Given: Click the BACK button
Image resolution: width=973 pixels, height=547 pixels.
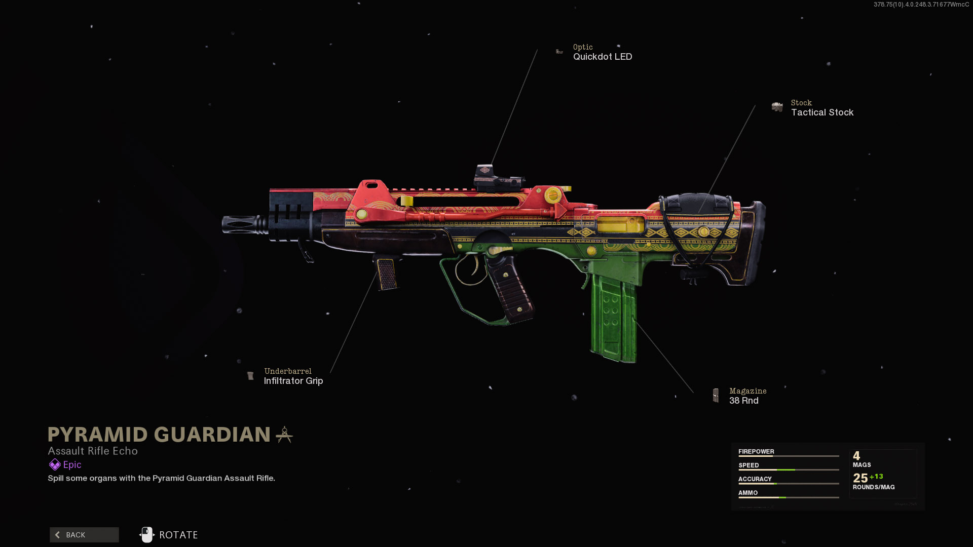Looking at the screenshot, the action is coord(84,535).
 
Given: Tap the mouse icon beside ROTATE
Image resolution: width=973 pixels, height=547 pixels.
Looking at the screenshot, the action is coord(146,534).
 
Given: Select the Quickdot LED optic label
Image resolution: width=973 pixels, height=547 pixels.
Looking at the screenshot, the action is coord(602,57).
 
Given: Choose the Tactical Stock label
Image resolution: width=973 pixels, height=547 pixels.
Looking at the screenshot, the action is coord(822,112).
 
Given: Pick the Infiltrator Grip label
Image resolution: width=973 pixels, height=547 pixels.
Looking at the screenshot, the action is coord(293,381).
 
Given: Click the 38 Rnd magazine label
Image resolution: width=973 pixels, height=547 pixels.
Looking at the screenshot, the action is coord(743,401).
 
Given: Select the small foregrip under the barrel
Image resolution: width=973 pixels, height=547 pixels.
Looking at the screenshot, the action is coord(387,273).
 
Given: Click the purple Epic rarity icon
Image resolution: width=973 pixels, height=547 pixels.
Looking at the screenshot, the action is coord(54,464).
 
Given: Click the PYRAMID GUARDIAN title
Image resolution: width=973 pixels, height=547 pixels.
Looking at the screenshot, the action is coord(159,435).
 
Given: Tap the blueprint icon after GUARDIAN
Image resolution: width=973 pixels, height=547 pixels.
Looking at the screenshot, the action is coord(284,435).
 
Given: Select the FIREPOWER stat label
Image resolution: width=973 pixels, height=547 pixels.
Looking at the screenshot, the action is coord(756,451).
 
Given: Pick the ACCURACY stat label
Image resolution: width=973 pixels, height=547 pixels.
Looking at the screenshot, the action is coord(755,479).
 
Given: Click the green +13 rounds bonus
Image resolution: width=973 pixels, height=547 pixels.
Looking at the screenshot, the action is coord(876,476).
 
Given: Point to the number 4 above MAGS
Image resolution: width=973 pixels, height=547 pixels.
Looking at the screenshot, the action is coord(856,455).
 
